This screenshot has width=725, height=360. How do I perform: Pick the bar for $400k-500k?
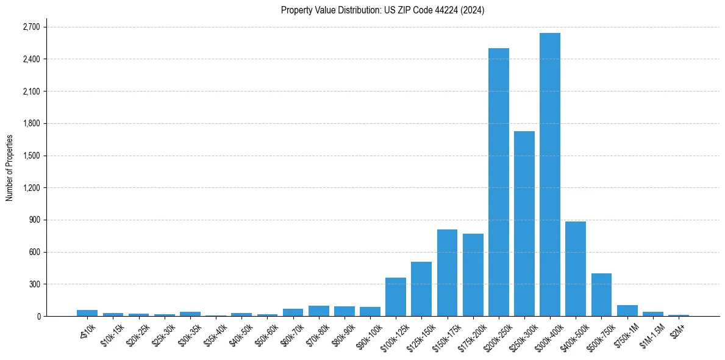point(576,268)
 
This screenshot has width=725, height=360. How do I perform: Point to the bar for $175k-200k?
point(473,275)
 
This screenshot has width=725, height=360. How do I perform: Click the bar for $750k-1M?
point(627,311)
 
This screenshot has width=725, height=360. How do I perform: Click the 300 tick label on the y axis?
point(34,284)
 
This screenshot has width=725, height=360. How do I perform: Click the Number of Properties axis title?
point(10,167)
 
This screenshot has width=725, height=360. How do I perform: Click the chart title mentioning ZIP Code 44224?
point(382,10)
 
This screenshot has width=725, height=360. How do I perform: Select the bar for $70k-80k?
point(318,311)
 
